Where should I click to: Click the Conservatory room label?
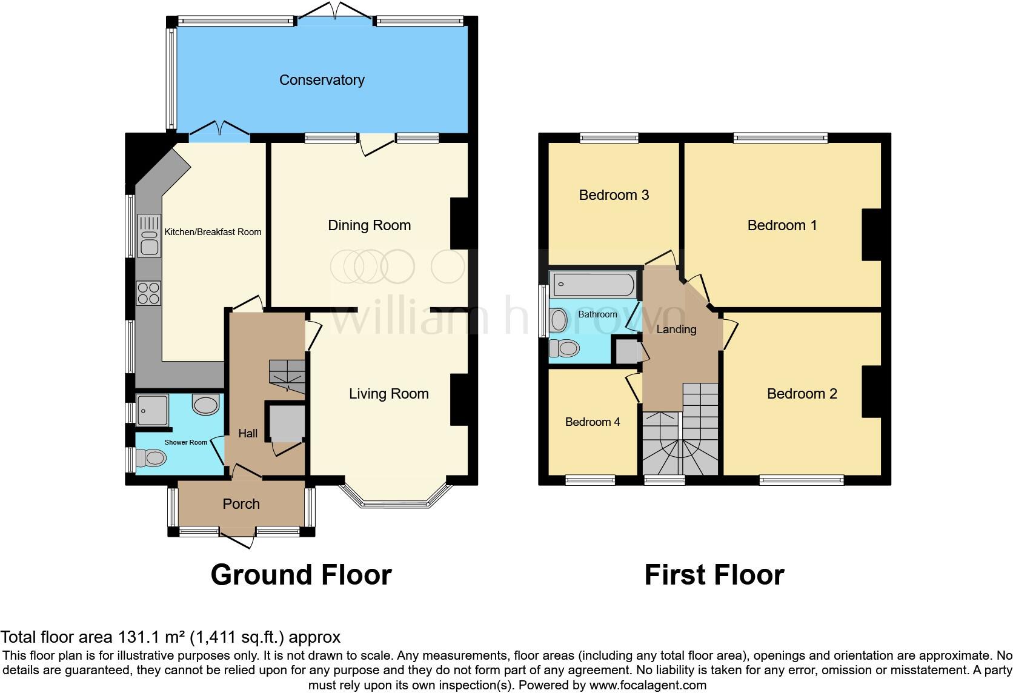pyautogui.click(x=322, y=80)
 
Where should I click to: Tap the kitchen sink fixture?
pyautogui.click(x=148, y=236)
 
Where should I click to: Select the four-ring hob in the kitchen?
pyautogui.click(x=148, y=293)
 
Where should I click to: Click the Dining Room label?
pyautogui.click(x=369, y=225)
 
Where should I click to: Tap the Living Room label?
pyautogui.click(x=388, y=394)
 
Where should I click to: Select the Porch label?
pyautogui.click(x=241, y=504)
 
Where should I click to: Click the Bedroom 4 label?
pyautogui.click(x=592, y=422)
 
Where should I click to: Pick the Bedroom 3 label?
pyautogui.click(x=614, y=195)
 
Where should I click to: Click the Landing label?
pyautogui.click(x=676, y=330)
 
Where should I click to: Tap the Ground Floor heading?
pyautogui.click(x=301, y=575)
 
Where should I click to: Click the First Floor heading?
pyautogui.click(x=714, y=575)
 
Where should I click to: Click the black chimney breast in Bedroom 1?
pyautogui.click(x=871, y=234)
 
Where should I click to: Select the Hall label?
pyautogui.click(x=248, y=433)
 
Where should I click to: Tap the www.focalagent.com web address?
pyautogui.click(x=648, y=685)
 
